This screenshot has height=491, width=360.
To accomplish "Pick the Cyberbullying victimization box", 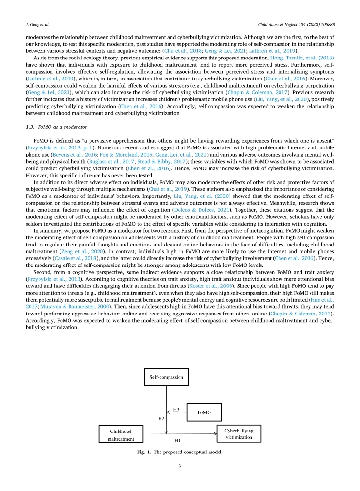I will (x=239, y=433).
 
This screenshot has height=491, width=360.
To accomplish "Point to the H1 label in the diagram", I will (x=177, y=441).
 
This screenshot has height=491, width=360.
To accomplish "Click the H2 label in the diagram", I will (x=161, y=418).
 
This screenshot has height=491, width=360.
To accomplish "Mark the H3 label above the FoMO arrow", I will (x=176, y=409).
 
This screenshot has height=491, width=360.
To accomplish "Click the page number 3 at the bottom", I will (x=180, y=465).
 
